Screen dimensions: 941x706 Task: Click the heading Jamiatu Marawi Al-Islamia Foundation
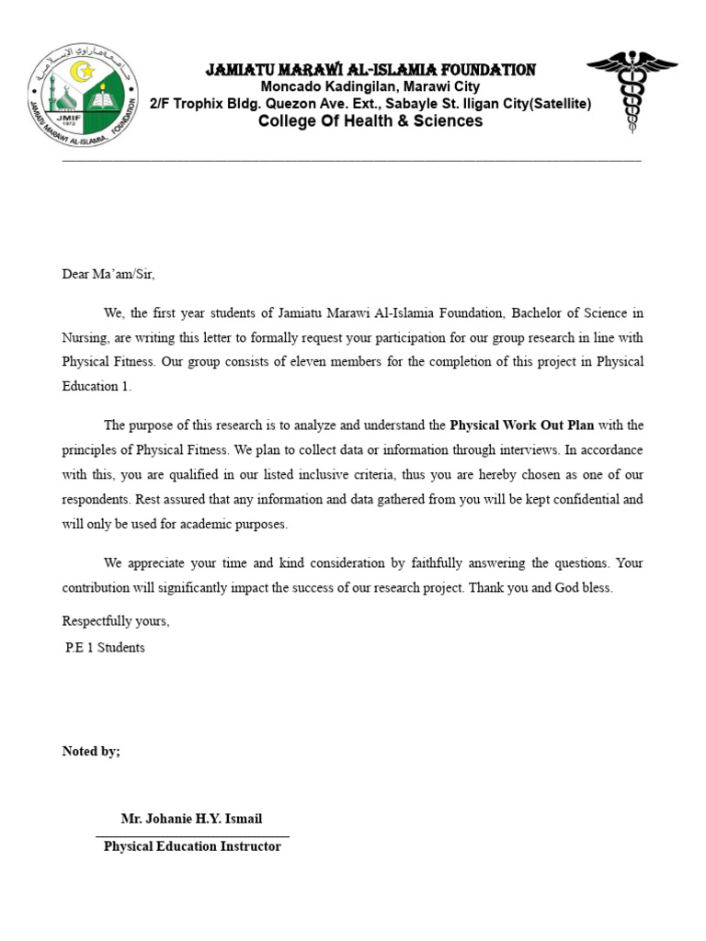point(370,70)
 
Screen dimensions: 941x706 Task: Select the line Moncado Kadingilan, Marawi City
point(370,87)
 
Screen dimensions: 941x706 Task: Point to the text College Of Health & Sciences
point(370,121)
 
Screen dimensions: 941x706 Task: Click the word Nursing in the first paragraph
point(84,336)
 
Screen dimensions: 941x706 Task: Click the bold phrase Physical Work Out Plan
point(521,425)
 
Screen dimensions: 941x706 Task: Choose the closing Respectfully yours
point(116,621)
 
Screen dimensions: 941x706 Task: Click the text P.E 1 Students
point(105,647)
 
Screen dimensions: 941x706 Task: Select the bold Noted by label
point(91,751)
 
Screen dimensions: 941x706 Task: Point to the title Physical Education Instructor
point(192,845)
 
